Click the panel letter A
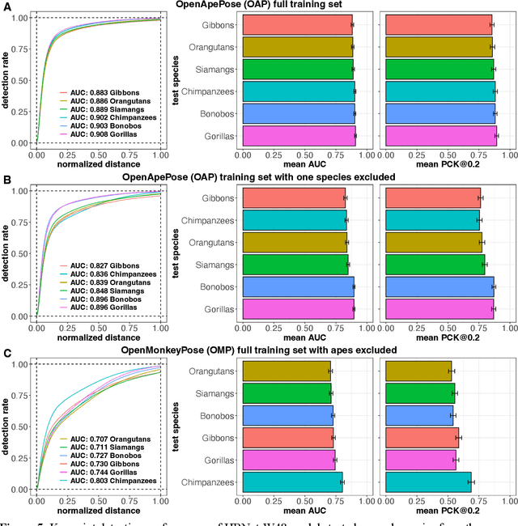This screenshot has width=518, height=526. [x=6, y=6]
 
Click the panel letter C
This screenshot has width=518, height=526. [x=6, y=353]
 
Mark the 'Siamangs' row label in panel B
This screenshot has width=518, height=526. [x=214, y=265]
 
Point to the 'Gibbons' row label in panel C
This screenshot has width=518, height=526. [x=217, y=437]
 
